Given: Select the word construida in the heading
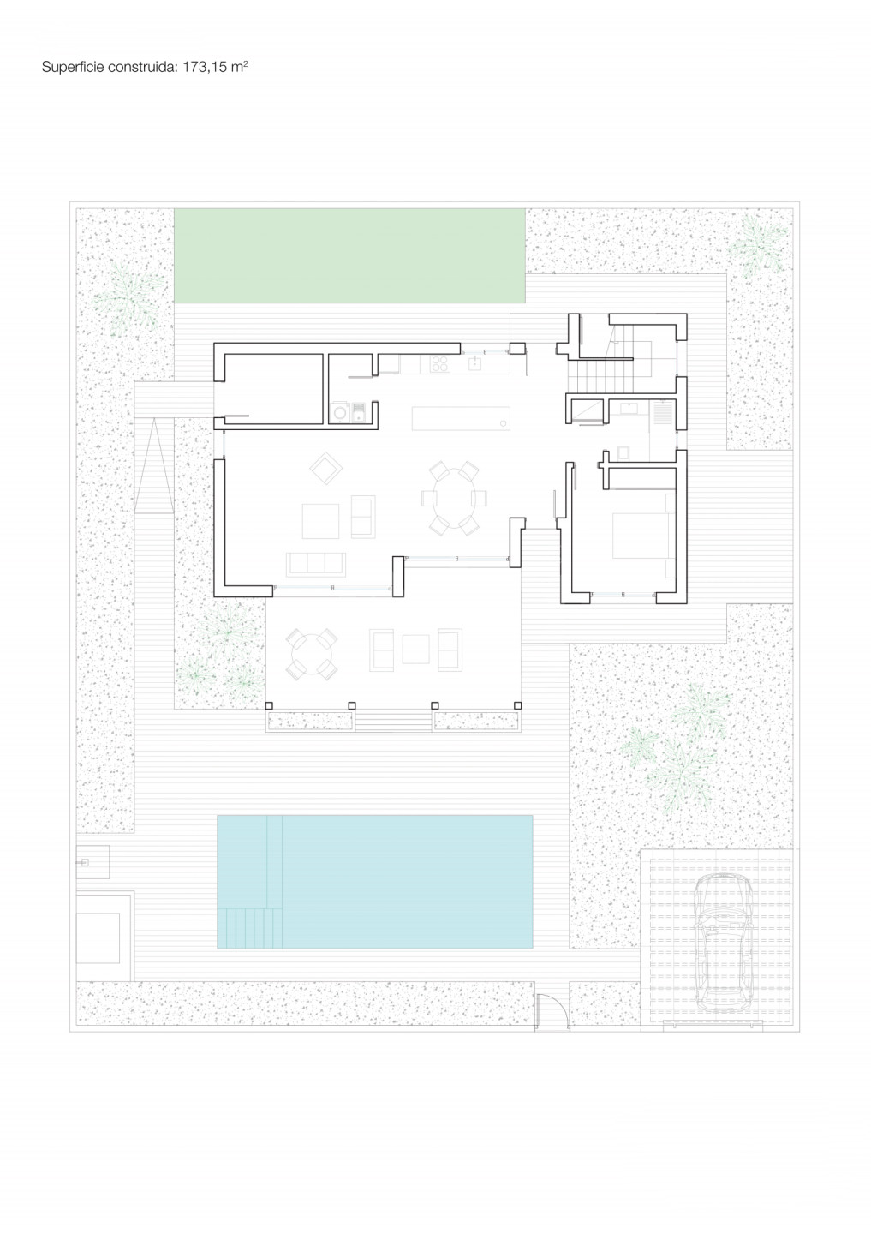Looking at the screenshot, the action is tap(142, 67).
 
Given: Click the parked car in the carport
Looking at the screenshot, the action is tap(723, 942).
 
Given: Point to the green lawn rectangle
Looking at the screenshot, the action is tap(349, 255).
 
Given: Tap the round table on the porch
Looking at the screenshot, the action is tap(312, 654).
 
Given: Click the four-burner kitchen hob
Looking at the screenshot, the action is tap(439, 363).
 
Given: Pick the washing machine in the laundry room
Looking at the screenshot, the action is tap(340, 411).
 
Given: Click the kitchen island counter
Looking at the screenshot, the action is tap(461, 418).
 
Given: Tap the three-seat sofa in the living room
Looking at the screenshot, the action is tap(316, 565).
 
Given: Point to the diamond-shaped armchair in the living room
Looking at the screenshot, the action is tap(326, 468).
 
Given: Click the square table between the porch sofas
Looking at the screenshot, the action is tap(415, 649).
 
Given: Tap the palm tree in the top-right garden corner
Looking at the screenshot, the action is tap(758, 246).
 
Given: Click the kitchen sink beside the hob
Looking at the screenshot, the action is tap(475, 362).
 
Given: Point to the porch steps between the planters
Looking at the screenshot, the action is tap(393, 722).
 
